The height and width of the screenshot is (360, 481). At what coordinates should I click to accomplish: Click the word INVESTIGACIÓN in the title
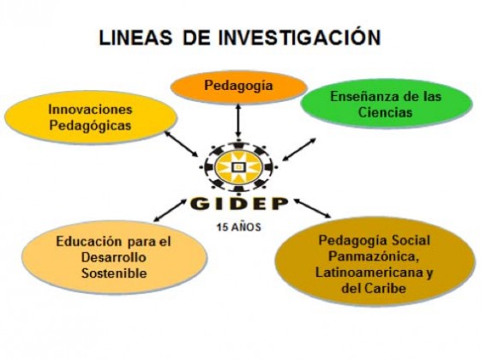(300, 37)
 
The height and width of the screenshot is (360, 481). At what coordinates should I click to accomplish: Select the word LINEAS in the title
(135, 38)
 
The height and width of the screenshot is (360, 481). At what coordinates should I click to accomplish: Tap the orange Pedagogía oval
(238, 87)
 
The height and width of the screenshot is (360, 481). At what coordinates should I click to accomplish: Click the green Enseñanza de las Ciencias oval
(386, 104)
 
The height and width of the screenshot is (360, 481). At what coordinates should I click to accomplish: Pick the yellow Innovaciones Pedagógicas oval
(91, 117)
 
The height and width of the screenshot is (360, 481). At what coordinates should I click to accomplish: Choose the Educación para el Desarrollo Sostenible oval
(114, 257)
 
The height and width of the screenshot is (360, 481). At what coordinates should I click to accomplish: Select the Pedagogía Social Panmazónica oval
(375, 261)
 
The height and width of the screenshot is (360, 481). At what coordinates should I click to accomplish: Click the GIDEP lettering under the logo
(239, 204)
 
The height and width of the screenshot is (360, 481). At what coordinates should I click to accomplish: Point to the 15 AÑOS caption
(239, 227)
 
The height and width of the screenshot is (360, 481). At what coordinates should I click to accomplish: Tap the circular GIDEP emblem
(238, 167)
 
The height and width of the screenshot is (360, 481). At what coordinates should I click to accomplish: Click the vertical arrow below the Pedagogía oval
(238, 121)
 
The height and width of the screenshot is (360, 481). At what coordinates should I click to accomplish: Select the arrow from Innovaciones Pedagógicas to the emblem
(181, 144)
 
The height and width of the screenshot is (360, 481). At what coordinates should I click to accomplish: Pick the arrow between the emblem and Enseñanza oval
(299, 149)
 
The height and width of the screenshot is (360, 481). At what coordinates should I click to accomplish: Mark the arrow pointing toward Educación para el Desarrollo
(170, 210)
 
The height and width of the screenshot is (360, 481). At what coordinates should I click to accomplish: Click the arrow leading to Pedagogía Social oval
(313, 208)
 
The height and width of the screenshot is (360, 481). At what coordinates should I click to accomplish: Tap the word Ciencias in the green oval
(385, 112)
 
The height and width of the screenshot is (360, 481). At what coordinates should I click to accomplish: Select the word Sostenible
(114, 273)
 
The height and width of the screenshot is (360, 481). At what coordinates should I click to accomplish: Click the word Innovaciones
(91, 110)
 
